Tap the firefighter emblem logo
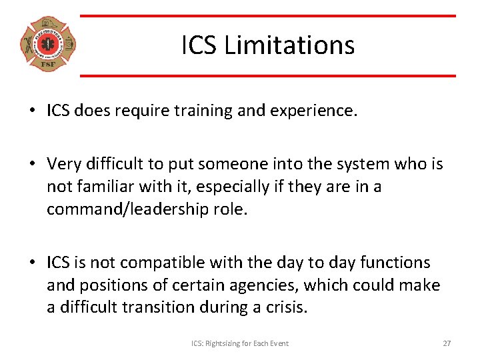point(48,45)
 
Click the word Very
point(64,164)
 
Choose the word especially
point(229,187)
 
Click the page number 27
point(447,343)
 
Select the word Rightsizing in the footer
point(229,343)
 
